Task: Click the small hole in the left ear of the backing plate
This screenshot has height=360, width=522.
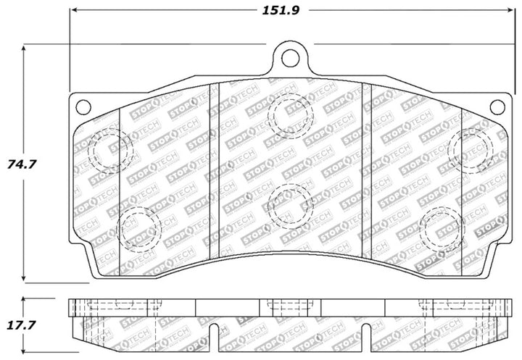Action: pyautogui.click(x=83, y=107)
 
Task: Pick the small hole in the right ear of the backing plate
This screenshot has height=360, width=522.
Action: pyautogui.click(x=497, y=107)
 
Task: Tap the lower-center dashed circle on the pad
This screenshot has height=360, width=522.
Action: pyautogui.click(x=289, y=204)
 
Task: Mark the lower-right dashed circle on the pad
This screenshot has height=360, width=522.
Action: pyautogui.click(x=442, y=229)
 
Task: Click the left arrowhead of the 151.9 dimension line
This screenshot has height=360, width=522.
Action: pyautogui.click(x=74, y=11)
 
